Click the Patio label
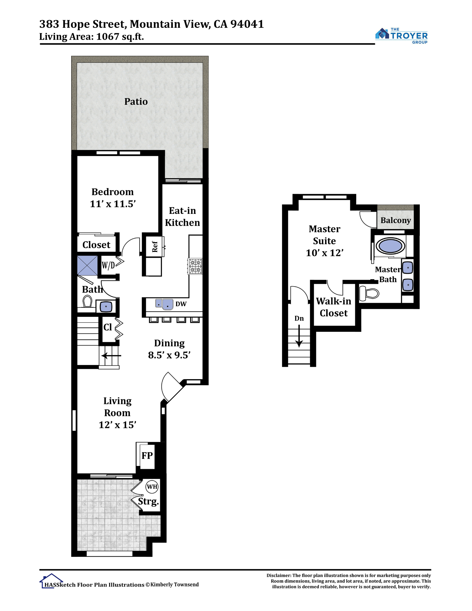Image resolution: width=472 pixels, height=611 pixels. point(136,101)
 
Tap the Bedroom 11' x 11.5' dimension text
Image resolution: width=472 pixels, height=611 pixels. point(113,204)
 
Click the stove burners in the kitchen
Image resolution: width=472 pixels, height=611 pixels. point(195,266)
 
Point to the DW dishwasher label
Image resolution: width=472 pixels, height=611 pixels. point(181,304)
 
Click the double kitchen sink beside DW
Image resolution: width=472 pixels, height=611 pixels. point(164,304)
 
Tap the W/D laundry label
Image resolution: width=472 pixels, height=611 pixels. point(108,265)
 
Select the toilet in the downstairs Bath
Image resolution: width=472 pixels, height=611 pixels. point(87,301)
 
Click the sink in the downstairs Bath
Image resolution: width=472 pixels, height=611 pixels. point(106,306)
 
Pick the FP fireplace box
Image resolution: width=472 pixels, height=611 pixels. point(147,456)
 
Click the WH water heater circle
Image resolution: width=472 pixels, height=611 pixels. point(152,487)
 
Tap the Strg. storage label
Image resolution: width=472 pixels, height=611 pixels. point(148,502)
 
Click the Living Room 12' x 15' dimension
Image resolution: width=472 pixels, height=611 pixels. point(117,425)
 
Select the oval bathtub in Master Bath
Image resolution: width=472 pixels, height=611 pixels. point(390,246)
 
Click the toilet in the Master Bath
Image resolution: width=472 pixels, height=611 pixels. point(369,293)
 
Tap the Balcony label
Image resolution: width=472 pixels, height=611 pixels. point(396,221)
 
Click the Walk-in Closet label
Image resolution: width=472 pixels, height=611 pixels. point(334,307)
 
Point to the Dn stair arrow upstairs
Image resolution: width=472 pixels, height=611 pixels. point(299,336)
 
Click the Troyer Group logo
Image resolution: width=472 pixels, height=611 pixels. point(401,36)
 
